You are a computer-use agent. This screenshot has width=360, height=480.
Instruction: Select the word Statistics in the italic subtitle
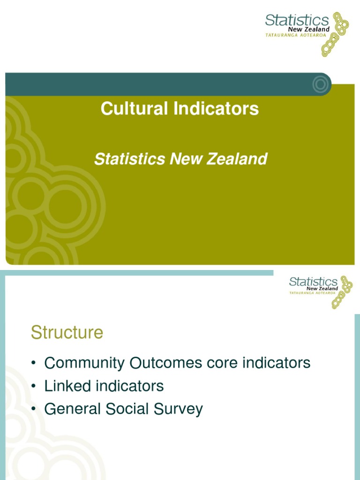pos(130,159)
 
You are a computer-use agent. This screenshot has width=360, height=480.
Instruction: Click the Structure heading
pos(67,333)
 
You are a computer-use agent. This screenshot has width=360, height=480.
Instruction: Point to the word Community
pos(84,363)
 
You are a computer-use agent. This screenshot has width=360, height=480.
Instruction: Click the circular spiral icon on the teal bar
pos(321,84)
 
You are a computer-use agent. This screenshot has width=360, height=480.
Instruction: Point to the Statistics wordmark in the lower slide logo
pos(313,282)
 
